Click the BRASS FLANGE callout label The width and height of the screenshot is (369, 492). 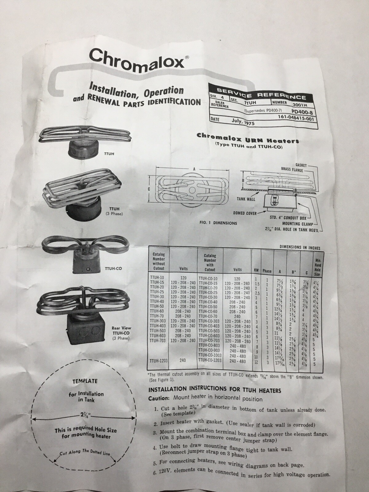pos(292,170)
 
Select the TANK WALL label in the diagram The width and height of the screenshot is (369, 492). pos(246,199)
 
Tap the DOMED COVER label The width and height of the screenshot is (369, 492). pos(244,213)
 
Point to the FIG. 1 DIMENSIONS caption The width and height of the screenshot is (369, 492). pos(218,223)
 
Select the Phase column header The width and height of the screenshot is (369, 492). pos(267,271)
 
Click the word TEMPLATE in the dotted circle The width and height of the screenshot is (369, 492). pos(85,381)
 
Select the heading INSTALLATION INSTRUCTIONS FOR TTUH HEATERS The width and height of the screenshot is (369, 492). pos(215,390)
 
